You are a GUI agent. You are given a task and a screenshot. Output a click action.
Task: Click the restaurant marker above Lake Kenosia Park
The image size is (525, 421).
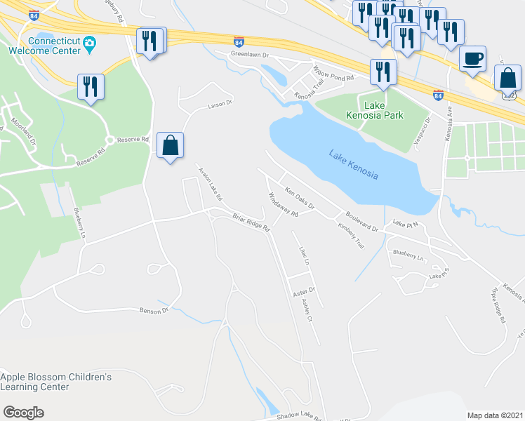tap(383, 72)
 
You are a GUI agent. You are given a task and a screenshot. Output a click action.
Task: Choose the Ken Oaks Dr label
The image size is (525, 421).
tap(300, 197)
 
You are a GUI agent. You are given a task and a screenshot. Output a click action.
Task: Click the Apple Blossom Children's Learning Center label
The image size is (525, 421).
tap(55, 382)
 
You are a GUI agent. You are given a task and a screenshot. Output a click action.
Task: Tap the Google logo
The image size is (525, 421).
tap(23, 413)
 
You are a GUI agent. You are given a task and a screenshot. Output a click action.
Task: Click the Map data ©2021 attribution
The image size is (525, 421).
tap(494, 415)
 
